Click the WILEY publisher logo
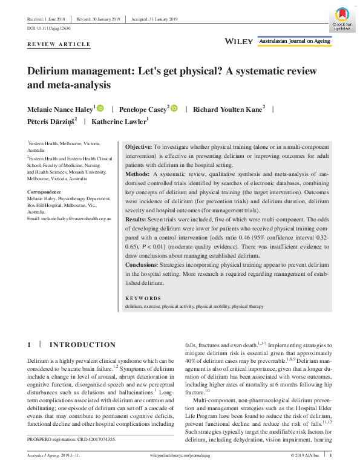click(x=238, y=41)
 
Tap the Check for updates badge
click(x=340, y=19)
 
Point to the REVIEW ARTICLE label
click(x=59, y=45)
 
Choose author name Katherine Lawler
click(x=119, y=122)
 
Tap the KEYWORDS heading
click(x=143, y=298)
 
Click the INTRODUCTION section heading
click(x=82, y=345)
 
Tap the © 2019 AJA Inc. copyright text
click(x=307, y=454)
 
